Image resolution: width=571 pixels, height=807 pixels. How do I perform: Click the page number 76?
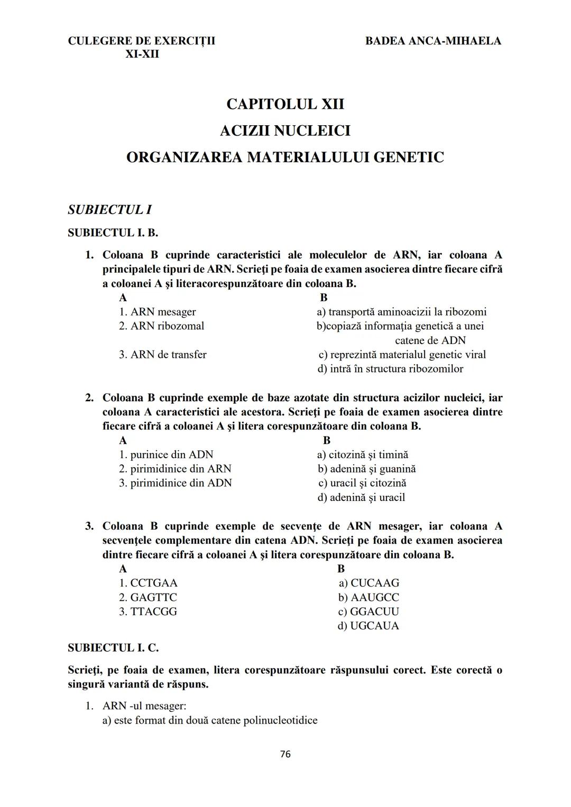click(x=285, y=754)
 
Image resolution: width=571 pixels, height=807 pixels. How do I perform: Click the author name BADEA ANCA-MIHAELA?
click(x=433, y=41)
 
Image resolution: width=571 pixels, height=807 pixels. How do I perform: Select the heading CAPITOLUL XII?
click(x=285, y=104)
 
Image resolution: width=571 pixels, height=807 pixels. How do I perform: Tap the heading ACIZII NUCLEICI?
click(x=285, y=131)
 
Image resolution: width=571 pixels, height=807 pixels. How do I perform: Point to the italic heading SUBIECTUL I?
click(x=110, y=210)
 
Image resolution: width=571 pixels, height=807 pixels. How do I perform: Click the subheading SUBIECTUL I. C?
click(x=113, y=647)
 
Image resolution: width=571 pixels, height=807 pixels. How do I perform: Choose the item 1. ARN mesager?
click(x=157, y=312)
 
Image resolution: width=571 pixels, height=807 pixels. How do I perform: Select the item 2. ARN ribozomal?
click(x=161, y=326)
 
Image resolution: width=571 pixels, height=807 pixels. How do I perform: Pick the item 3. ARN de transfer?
click(x=162, y=355)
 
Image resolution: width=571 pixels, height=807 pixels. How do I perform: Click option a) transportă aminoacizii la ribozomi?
click(x=402, y=312)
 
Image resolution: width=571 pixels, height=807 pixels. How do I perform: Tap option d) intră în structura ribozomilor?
click(x=390, y=369)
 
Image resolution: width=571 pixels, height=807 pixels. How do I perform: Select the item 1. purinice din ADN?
click(x=166, y=454)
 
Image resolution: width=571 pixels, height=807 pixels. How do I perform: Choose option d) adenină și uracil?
click(x=361, y=497)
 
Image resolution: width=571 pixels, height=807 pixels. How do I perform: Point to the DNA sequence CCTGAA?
click(x=153, y=583)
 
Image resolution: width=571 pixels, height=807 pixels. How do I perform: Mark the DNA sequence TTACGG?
click(x=153, y=611)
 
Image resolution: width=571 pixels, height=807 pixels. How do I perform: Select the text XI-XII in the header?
click(x=142, y=54)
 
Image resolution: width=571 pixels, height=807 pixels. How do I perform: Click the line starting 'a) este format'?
click(x=210, y=720)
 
